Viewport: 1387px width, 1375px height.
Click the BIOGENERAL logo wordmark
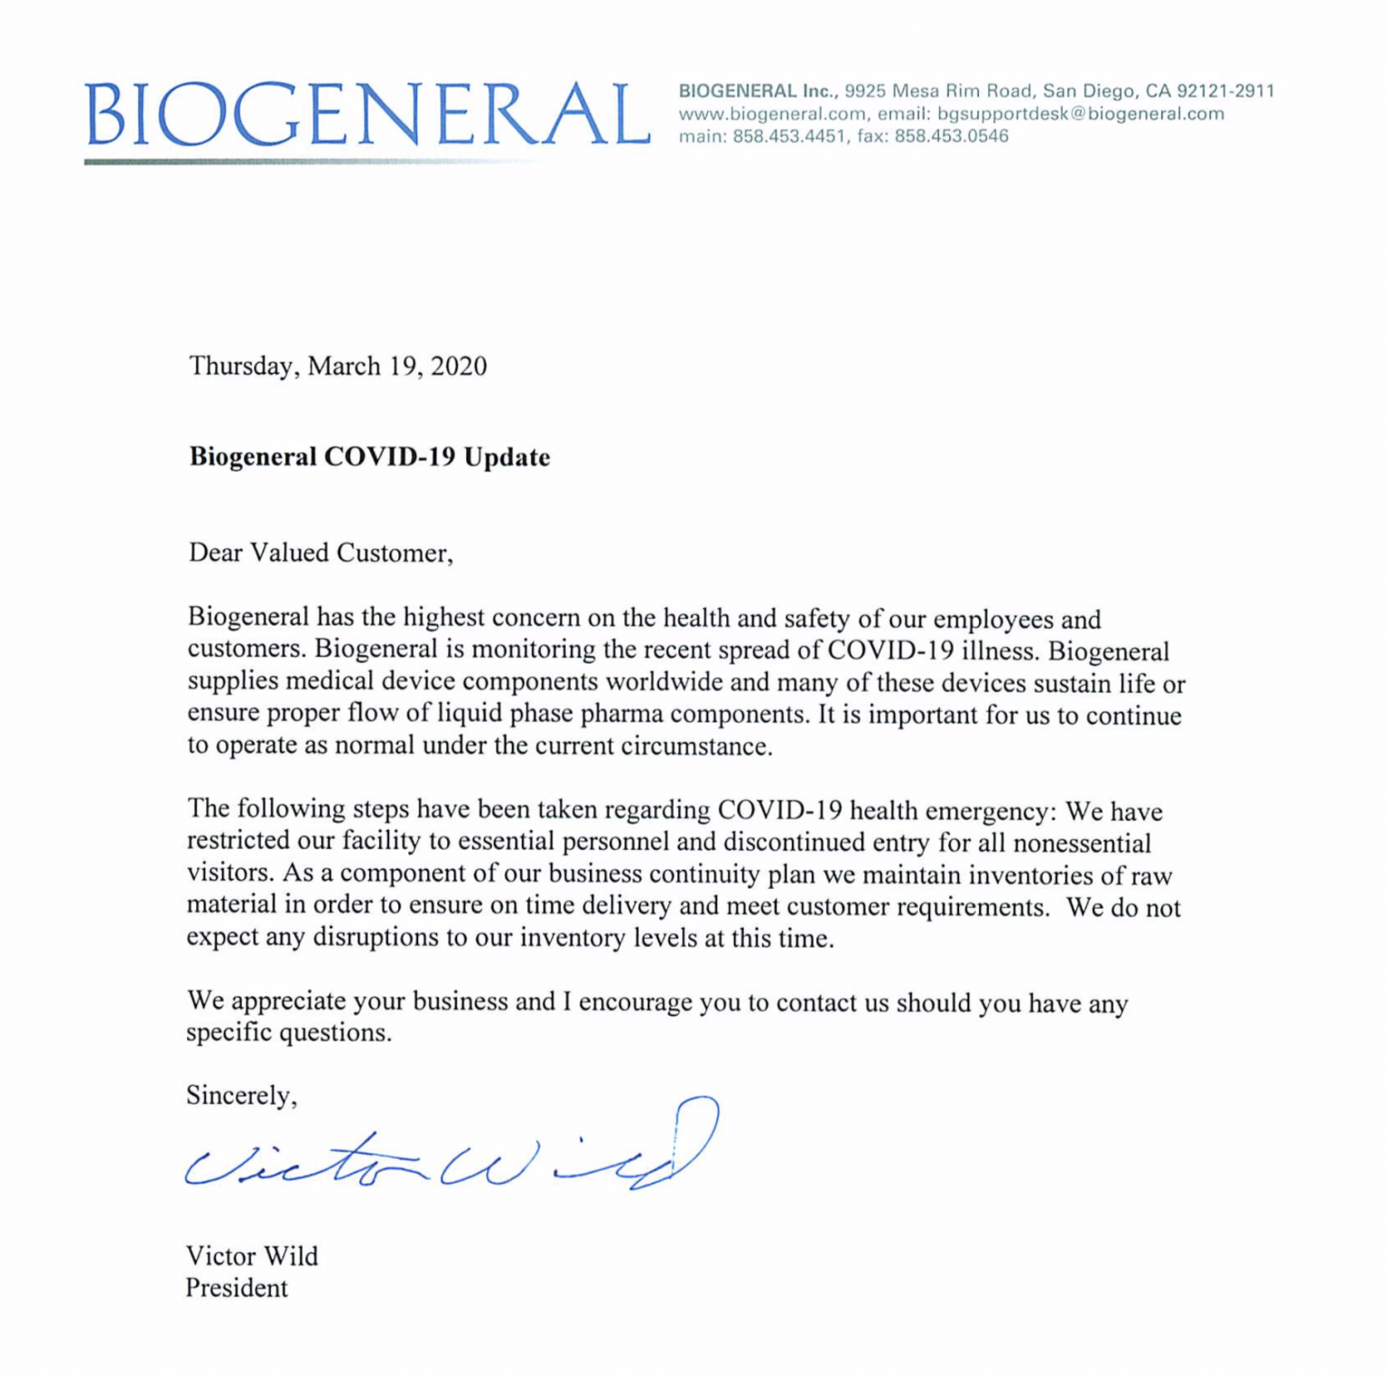(367, 115)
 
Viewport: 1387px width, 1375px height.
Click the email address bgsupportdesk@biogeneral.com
(1080, 114)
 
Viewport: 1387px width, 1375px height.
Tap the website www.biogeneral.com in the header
(772, 114)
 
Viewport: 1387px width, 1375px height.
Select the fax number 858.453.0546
(951, 136)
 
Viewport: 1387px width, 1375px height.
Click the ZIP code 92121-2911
(1225, 91)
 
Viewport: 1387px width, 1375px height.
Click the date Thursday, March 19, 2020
(338, 366)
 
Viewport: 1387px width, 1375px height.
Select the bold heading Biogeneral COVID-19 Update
(369, 457)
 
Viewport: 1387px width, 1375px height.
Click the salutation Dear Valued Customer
(320, 553)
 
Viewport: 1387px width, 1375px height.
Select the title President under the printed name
(237, 1288)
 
